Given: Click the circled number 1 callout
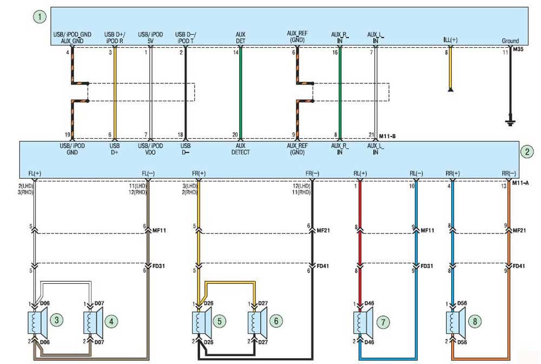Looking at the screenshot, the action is click(x=39, y=17).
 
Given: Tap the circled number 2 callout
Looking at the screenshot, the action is click(x=527, y=152).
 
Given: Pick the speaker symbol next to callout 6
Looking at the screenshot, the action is click(x=258, y=322).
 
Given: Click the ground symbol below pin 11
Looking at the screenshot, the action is click(x=510, y=122).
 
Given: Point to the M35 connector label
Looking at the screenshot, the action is click(x=518, y=49).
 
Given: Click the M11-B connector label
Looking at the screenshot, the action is click(x=387, y=136).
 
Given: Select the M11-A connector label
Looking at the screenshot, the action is click(x=520, y=183).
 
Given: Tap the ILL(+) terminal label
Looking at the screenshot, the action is click(x=450, y=40).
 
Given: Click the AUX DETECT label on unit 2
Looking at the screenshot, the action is click(x=241, y=149).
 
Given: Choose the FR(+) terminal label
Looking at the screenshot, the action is click(x=199, y=173).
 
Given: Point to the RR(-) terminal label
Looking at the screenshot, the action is click(x=509, y=173).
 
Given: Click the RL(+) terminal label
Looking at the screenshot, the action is click(x=360, y=173).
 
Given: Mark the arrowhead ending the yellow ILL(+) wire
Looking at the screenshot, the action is click(x=450, y=90).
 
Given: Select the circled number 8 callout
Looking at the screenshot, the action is click(x=475, y=322).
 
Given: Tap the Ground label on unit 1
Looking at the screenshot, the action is click(x=510, y=41).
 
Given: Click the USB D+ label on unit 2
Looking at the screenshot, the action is click(x=115, y=149).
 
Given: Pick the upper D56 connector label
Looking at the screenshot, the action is click(x=462, y=303).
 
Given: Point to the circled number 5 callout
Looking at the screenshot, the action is click(x=220, y=322).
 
